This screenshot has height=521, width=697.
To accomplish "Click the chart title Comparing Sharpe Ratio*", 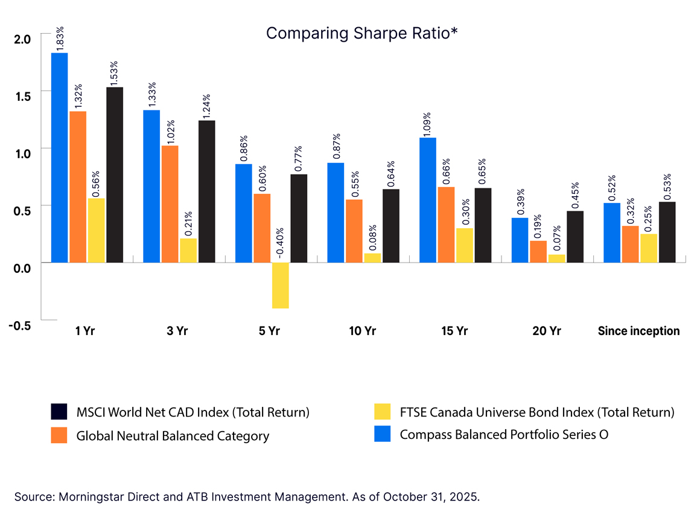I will point(361,33).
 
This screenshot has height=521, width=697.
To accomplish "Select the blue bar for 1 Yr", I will point(59,158).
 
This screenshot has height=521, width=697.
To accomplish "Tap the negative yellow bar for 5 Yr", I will point(281,285).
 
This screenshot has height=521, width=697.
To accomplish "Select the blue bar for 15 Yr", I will point(428,200).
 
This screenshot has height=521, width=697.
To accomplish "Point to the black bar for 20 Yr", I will point(575,237).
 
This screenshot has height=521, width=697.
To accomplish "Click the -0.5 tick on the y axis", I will point(20,326).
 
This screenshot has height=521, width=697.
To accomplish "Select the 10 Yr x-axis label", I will point(362,331).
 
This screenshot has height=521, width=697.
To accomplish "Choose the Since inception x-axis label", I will point(638,331).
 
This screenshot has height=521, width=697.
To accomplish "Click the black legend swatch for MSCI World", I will point(59,412).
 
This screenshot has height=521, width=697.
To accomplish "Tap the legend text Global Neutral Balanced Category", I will point(173,435).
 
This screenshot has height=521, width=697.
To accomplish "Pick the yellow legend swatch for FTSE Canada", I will point(383,412).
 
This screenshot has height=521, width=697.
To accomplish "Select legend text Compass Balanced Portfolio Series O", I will point(504,434).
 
